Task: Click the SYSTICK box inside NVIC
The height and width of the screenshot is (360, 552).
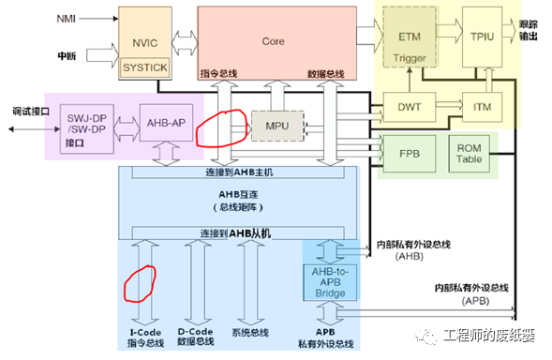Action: point(145,67)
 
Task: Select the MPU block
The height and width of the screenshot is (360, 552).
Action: point(277,127)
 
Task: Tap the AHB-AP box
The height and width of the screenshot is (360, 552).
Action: point(166,123)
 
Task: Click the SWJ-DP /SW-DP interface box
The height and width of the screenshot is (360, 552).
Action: point(87,129)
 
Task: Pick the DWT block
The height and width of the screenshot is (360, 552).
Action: point(410,107)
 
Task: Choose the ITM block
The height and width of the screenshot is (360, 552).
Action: point(482,107)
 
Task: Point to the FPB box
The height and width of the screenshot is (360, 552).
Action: point(410,154)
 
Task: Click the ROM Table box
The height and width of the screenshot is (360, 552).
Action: point(469,154)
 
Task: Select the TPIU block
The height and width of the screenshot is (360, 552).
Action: point(482,37)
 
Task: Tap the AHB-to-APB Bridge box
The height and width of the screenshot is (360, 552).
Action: point(330,282)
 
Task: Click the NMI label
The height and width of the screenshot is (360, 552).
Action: point(67,19)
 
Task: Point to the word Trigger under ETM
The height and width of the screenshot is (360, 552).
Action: point(410,58)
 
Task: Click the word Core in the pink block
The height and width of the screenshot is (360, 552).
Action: point(273,41)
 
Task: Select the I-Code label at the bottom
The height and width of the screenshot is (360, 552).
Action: point(145,332)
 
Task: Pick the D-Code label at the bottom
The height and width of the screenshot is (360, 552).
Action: point(195,332)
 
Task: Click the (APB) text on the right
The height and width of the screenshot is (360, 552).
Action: point(475,301)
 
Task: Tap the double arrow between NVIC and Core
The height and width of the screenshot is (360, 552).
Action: point(185,43)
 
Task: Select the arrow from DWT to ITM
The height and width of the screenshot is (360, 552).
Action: point(449,105)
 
